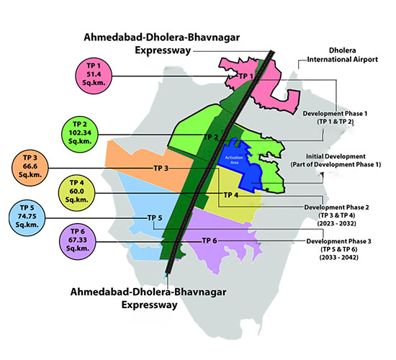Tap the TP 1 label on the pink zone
247,76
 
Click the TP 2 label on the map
211,137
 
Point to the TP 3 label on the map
161,168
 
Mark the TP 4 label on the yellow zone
230,195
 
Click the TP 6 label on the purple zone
210,240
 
